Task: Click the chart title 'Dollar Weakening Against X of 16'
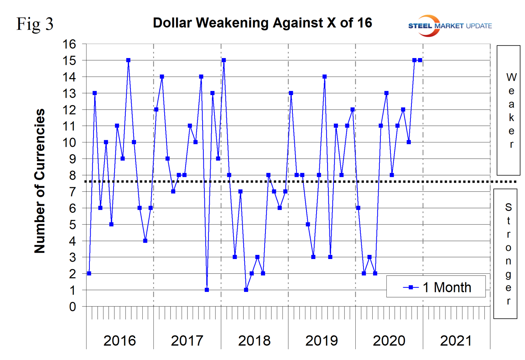[262, 23]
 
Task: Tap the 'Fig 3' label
[35, 24]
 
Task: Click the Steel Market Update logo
[450, 26]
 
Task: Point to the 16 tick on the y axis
[69, 44]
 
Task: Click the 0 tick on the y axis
[72, 307]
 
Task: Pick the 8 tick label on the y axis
[72, 175]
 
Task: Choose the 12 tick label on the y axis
[69, 110]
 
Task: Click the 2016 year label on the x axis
[119, 341]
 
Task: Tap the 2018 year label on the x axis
[254, 341]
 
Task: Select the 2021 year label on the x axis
[456, 341]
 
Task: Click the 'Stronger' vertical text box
[508, 254]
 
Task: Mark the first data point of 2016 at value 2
[89, 273]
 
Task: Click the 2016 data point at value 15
[128, 60]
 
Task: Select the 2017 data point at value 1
[207, 290]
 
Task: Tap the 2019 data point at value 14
[325, 77]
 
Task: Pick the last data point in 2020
[420, 60]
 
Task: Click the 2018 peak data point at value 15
[224, 60]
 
